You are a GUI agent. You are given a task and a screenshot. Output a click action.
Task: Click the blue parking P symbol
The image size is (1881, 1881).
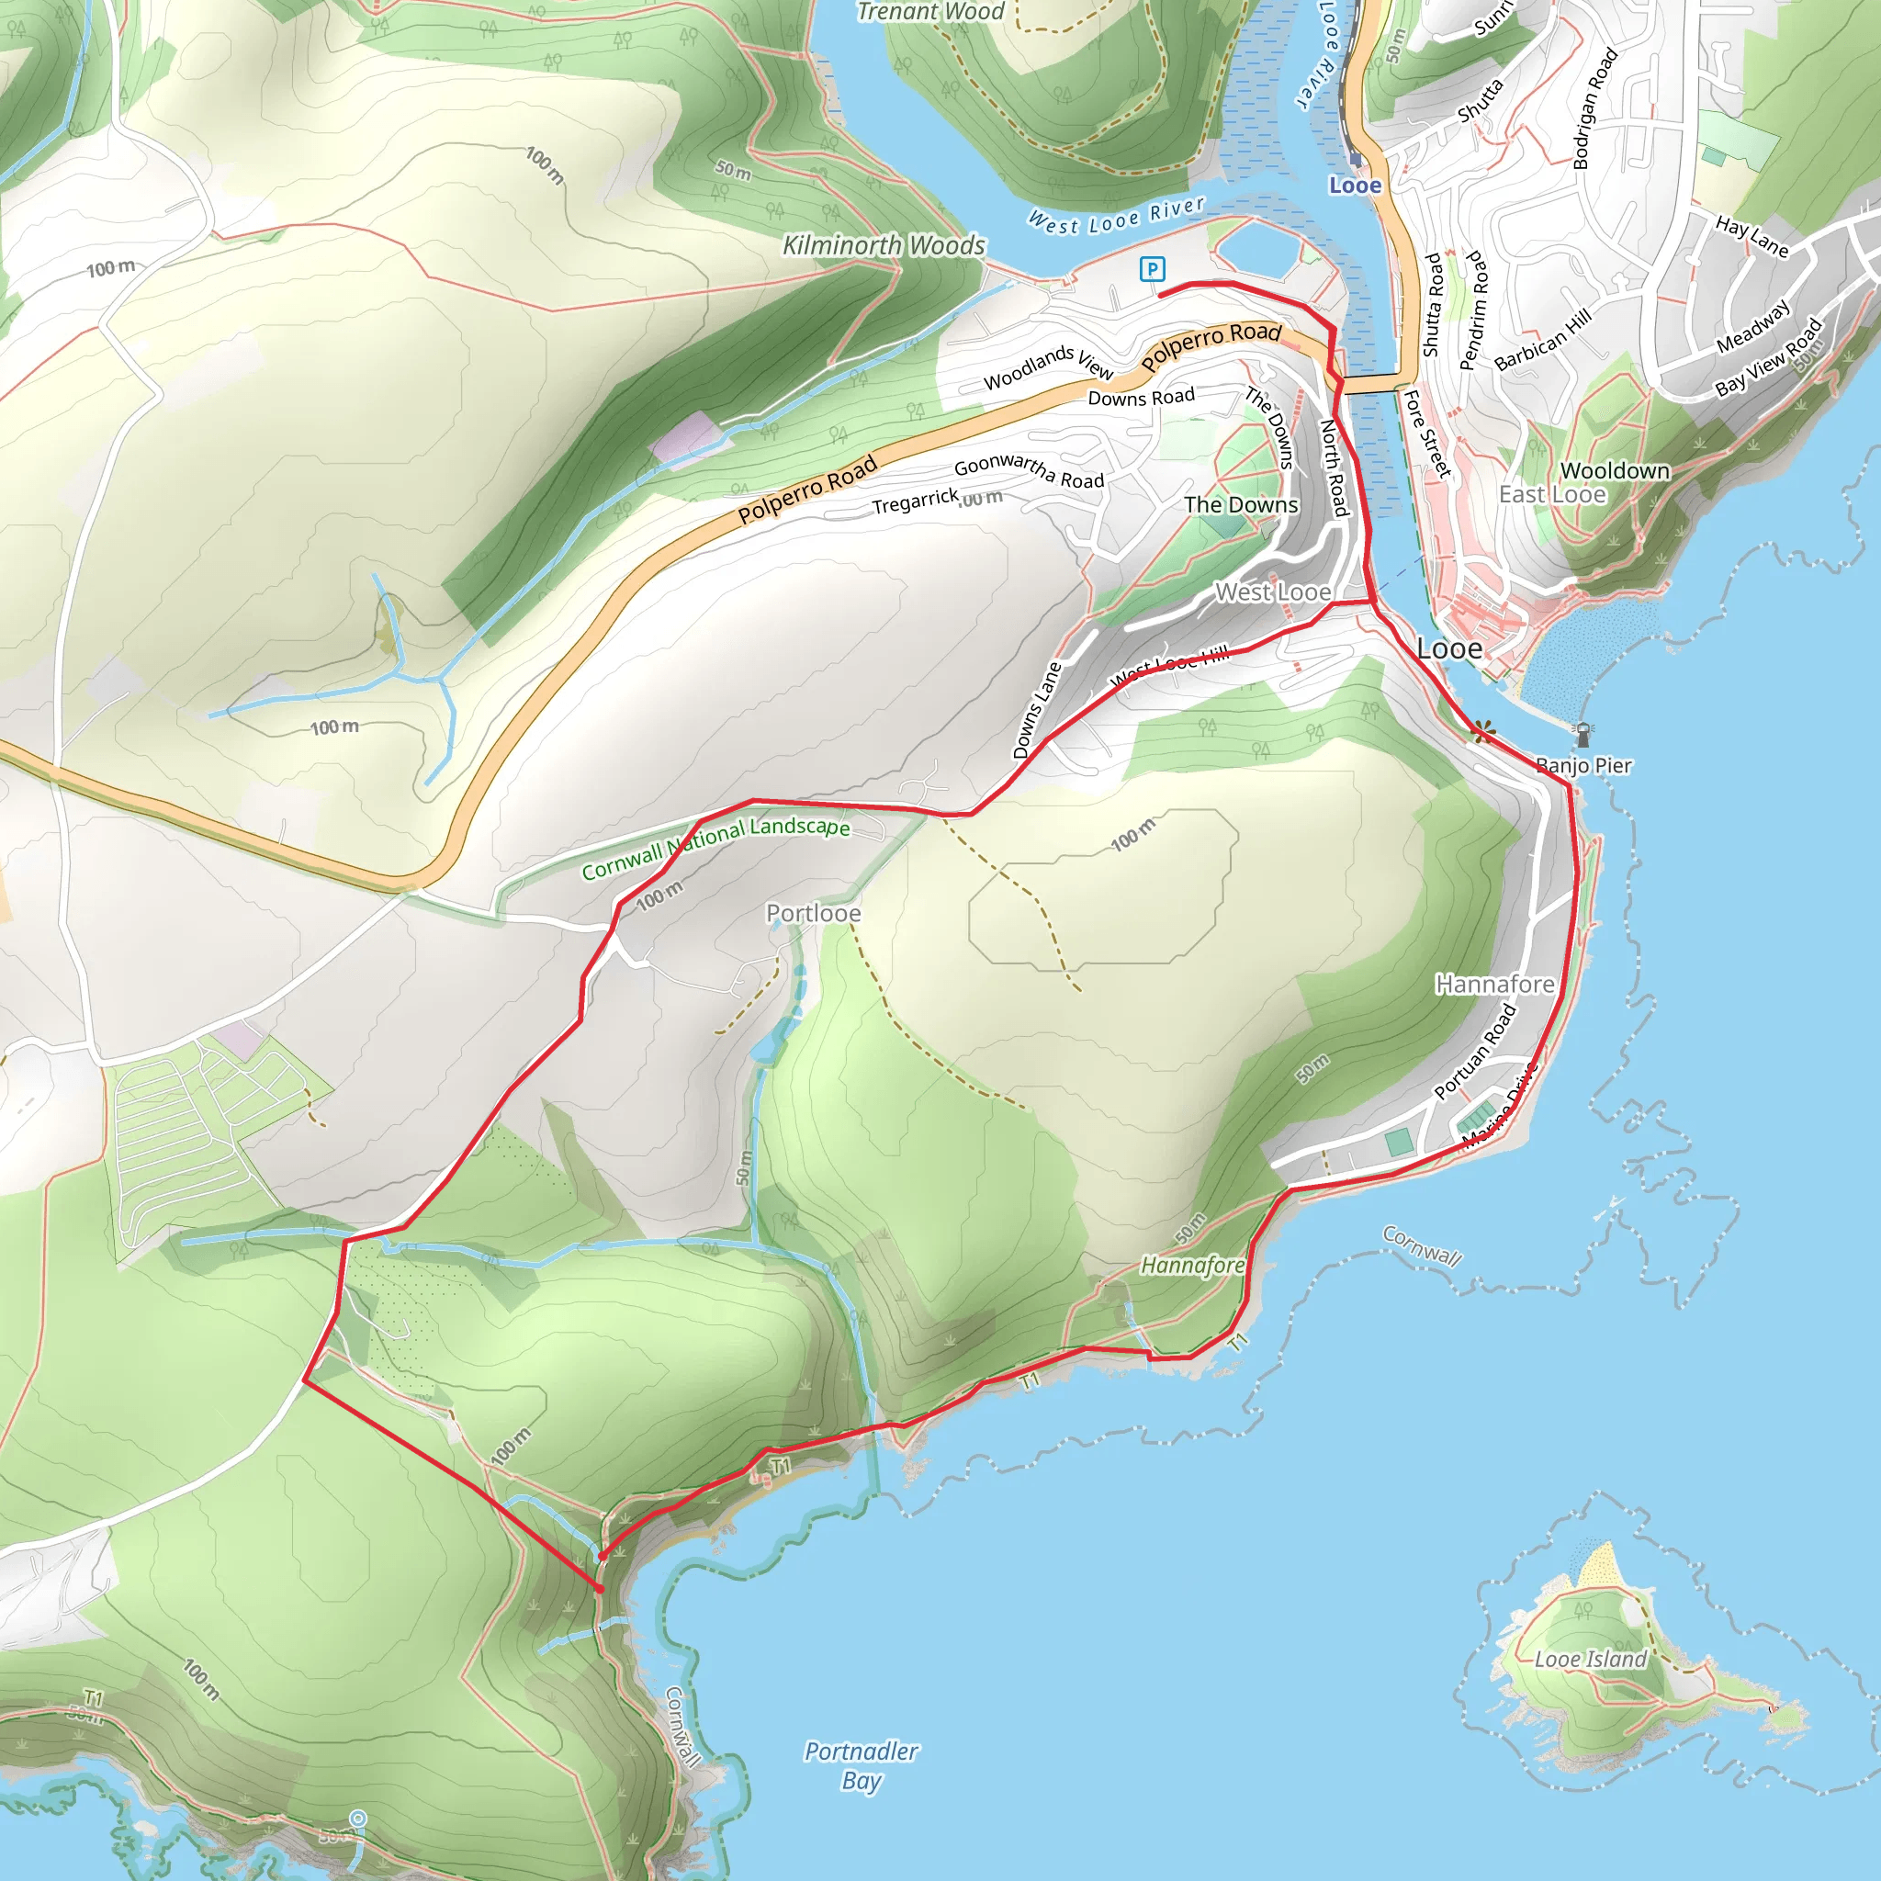[x=1152, y=269]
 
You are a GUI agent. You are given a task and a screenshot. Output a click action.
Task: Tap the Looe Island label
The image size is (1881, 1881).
[x=1590, y=1659]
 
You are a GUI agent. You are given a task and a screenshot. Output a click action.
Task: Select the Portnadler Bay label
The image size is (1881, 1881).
[x=861, y=1766]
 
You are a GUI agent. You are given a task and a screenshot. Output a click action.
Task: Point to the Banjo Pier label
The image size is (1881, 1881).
[x=1583, y=765]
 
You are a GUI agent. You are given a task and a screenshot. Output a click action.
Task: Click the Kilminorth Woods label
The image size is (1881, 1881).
[x=884, y=245]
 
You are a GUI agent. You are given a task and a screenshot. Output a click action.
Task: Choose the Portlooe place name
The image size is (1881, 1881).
[x=813, y=913]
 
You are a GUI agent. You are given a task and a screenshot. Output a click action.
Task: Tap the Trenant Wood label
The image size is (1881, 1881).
[x=929, y=12]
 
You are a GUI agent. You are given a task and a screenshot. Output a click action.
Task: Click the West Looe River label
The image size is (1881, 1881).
[x=1117, y=216]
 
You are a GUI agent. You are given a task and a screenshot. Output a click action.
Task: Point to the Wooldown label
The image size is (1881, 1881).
[x=1615, y=471]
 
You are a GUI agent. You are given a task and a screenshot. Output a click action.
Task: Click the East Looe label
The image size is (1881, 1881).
[x=1552, y=495]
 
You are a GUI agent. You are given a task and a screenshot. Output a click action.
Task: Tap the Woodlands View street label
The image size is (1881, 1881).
[x=1048, y=366]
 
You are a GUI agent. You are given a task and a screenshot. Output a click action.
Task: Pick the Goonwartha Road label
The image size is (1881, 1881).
[x=1029, y=471]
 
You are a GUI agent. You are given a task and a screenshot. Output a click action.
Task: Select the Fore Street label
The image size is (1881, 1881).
[x=1427, y=434]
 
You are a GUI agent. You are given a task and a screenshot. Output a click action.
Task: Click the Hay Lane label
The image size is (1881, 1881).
[x=1751, y=237]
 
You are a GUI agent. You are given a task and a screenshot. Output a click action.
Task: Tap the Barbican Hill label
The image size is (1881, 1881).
[x=1542, y=339]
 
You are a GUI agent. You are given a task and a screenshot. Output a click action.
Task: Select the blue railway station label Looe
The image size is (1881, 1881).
[x=1355, y=185]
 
